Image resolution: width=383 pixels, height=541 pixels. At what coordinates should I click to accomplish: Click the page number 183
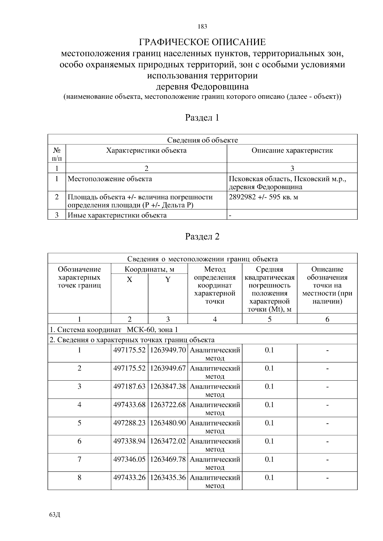click(202, 26)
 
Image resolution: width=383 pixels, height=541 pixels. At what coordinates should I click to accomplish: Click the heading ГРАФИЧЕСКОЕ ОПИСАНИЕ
click(202, 42)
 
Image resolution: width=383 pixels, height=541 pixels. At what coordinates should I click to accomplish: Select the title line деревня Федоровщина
click(202, 86)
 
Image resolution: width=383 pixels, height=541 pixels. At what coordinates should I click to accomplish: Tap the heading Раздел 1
click(202, 118)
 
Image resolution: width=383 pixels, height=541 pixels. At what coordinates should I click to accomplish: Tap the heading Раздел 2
click(202, 237)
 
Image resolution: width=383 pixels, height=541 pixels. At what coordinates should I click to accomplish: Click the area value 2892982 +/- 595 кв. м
click(264, 197)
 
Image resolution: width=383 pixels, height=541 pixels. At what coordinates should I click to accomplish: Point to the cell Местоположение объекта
click(110, 179)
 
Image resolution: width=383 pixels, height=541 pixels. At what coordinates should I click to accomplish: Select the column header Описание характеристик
click(292, 150)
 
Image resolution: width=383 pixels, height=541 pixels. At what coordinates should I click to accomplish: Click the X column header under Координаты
click(129, 280)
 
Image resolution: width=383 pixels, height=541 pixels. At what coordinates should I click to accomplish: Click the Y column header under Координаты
click(168, 280)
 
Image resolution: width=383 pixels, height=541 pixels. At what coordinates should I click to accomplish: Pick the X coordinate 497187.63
click(129, 386)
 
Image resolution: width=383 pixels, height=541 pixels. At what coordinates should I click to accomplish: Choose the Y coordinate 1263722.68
click(168, 405)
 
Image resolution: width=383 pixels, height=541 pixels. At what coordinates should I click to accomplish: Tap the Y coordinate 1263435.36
click(168, 478)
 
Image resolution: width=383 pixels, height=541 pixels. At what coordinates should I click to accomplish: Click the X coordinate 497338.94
click(129, 441)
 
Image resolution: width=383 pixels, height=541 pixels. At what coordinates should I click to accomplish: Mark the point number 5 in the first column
click(79, 423)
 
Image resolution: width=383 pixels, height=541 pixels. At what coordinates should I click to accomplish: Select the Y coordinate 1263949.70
click(168, 350)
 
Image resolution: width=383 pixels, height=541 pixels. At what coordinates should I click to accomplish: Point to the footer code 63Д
click(55, 515)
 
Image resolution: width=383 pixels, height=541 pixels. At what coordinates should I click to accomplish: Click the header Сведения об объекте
click(202, 140)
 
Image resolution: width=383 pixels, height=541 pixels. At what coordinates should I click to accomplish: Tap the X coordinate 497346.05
click(129, 459)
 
